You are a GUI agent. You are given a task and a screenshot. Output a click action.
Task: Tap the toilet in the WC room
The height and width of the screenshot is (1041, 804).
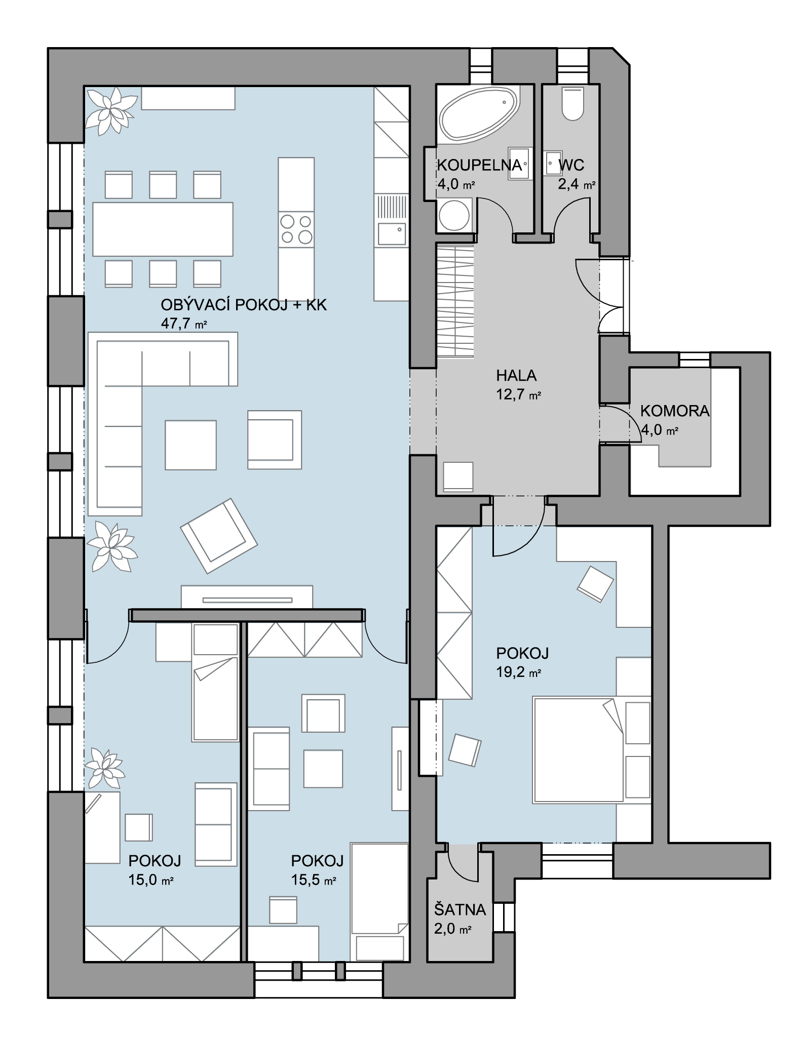(573, 103)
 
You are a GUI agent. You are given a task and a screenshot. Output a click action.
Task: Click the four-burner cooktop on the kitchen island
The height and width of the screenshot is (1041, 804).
(296, 229)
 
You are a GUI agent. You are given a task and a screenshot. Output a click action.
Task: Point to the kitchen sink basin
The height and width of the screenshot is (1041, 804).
(392, 234)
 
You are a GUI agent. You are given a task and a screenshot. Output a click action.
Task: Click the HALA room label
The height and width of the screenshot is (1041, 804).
(516, 375)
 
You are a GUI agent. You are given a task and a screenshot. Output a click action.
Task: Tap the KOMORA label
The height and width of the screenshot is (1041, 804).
(675, 411)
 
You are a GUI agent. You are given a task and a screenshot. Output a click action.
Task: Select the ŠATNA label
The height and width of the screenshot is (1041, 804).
(460, 910)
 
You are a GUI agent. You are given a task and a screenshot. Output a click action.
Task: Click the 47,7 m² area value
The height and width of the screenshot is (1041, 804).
(184, 323)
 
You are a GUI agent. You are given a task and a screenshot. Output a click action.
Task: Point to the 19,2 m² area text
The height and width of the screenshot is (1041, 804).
(519, 672)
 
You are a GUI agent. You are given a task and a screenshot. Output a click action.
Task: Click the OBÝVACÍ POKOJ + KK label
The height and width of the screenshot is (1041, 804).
(244, 305)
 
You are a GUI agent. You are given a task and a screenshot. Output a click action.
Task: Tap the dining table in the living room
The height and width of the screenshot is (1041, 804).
(163, 229)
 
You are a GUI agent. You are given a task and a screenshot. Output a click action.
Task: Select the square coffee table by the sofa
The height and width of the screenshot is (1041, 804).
(190, 445)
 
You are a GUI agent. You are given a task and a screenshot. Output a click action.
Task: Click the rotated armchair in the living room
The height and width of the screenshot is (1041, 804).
(219, 536)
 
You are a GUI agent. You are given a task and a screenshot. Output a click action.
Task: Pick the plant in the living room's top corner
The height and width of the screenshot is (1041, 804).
(110, 110)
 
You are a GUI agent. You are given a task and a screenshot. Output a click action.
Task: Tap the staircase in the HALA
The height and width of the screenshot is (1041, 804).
(455, 301)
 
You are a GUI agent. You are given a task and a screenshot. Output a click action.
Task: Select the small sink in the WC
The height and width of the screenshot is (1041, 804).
(553, 163)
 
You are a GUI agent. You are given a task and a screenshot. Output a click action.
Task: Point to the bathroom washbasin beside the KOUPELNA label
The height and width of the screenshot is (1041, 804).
(519, 164)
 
